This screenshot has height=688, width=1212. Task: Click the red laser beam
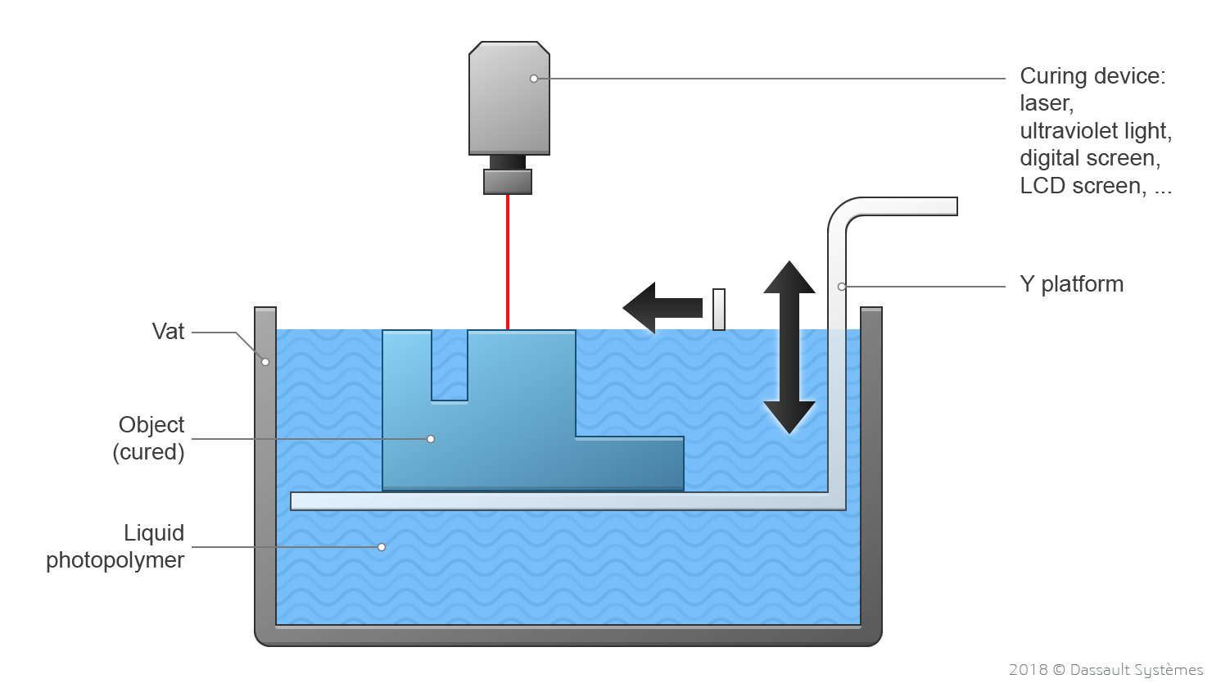tap(508, 262)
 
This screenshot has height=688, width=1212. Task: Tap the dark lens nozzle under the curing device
tap(508, 180)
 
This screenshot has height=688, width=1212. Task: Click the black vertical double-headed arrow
tap(789, 346)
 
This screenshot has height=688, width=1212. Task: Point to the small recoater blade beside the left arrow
tap(719, 309)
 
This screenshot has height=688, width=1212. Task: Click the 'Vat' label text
tap(168, 332)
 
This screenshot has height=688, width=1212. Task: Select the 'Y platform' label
tap(1071, 284)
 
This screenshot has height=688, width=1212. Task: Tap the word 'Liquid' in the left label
tap(154, 533)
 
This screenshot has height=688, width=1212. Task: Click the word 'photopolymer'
tap(115, 560)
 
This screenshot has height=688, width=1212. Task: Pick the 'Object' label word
tap(151, 425)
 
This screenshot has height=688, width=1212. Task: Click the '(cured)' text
tap(148, 452)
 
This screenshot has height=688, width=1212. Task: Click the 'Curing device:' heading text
tap(1092, 76)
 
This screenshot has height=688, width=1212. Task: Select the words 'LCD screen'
tap(1082, 186)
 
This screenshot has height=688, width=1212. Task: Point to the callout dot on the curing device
tap(534, 79)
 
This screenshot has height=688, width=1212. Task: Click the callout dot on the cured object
tap(431, 439)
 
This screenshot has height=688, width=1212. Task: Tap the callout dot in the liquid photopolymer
tap(382, 547)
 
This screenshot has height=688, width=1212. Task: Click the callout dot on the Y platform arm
tap(842, 287)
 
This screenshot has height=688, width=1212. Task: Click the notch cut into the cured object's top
tap(450, 364)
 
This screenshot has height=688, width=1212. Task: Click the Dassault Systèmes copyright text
tap(1106, 670)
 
